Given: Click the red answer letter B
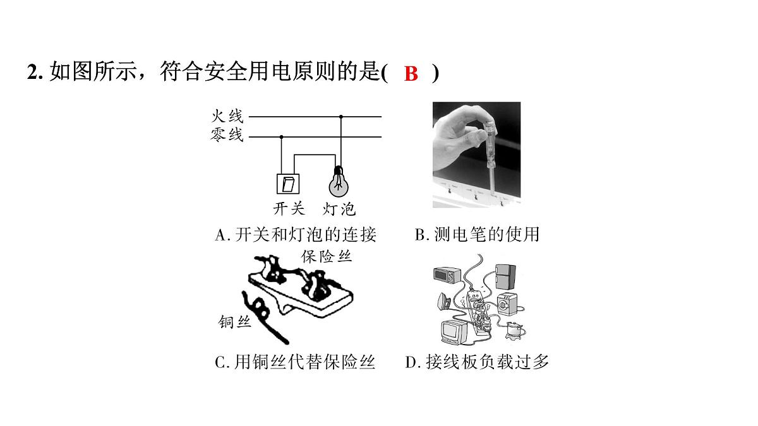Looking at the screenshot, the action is [411, 73].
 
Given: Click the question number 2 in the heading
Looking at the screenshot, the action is [32, 73].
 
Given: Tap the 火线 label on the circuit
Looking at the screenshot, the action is [227, 116].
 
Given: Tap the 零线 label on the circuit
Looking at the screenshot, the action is [227, 134].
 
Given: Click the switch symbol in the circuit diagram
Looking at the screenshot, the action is [288, 184].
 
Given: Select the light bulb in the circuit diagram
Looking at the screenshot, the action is [339, 182].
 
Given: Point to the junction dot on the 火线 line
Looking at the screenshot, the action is [340, 117].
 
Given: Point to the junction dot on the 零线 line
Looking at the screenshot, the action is [281, 137].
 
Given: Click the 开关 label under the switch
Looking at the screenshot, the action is [289, 208].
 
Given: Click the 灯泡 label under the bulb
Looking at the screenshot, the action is [339, 209].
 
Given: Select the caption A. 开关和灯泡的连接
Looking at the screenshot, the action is [296, 235].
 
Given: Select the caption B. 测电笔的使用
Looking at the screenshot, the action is [477, 234].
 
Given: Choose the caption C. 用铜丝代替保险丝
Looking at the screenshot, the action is [295, 362].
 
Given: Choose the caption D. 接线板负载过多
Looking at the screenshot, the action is [477, 362].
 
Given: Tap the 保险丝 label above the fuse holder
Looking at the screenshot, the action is [327, 257].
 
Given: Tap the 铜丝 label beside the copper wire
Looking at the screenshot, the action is [234, 321].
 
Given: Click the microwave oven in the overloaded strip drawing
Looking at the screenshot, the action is [447, 275].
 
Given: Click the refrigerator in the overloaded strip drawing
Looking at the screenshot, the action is [505, 276].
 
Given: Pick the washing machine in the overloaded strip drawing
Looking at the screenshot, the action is [507, 304].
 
